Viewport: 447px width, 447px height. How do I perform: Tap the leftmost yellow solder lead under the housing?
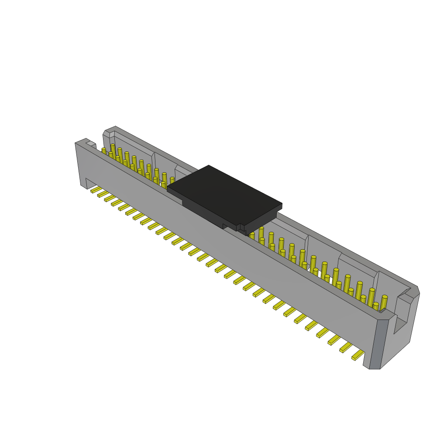click(x=96, y=189)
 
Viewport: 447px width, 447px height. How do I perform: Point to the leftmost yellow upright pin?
click(x=104, y=151)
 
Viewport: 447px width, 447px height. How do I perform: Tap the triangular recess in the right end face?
click(x=399, y=325)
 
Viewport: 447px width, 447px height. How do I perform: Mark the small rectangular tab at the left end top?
click(x=91, y=144)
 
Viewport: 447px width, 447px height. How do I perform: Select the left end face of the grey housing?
click(x=80, y=164)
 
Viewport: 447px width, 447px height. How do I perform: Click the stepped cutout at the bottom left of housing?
click(x=90, y=183)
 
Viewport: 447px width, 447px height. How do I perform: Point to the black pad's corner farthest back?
click(x=209, y=165)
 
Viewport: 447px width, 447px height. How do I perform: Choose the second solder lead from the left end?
click(x=103, y=194)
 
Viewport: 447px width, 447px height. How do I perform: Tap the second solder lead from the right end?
click(x=346, y=347)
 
